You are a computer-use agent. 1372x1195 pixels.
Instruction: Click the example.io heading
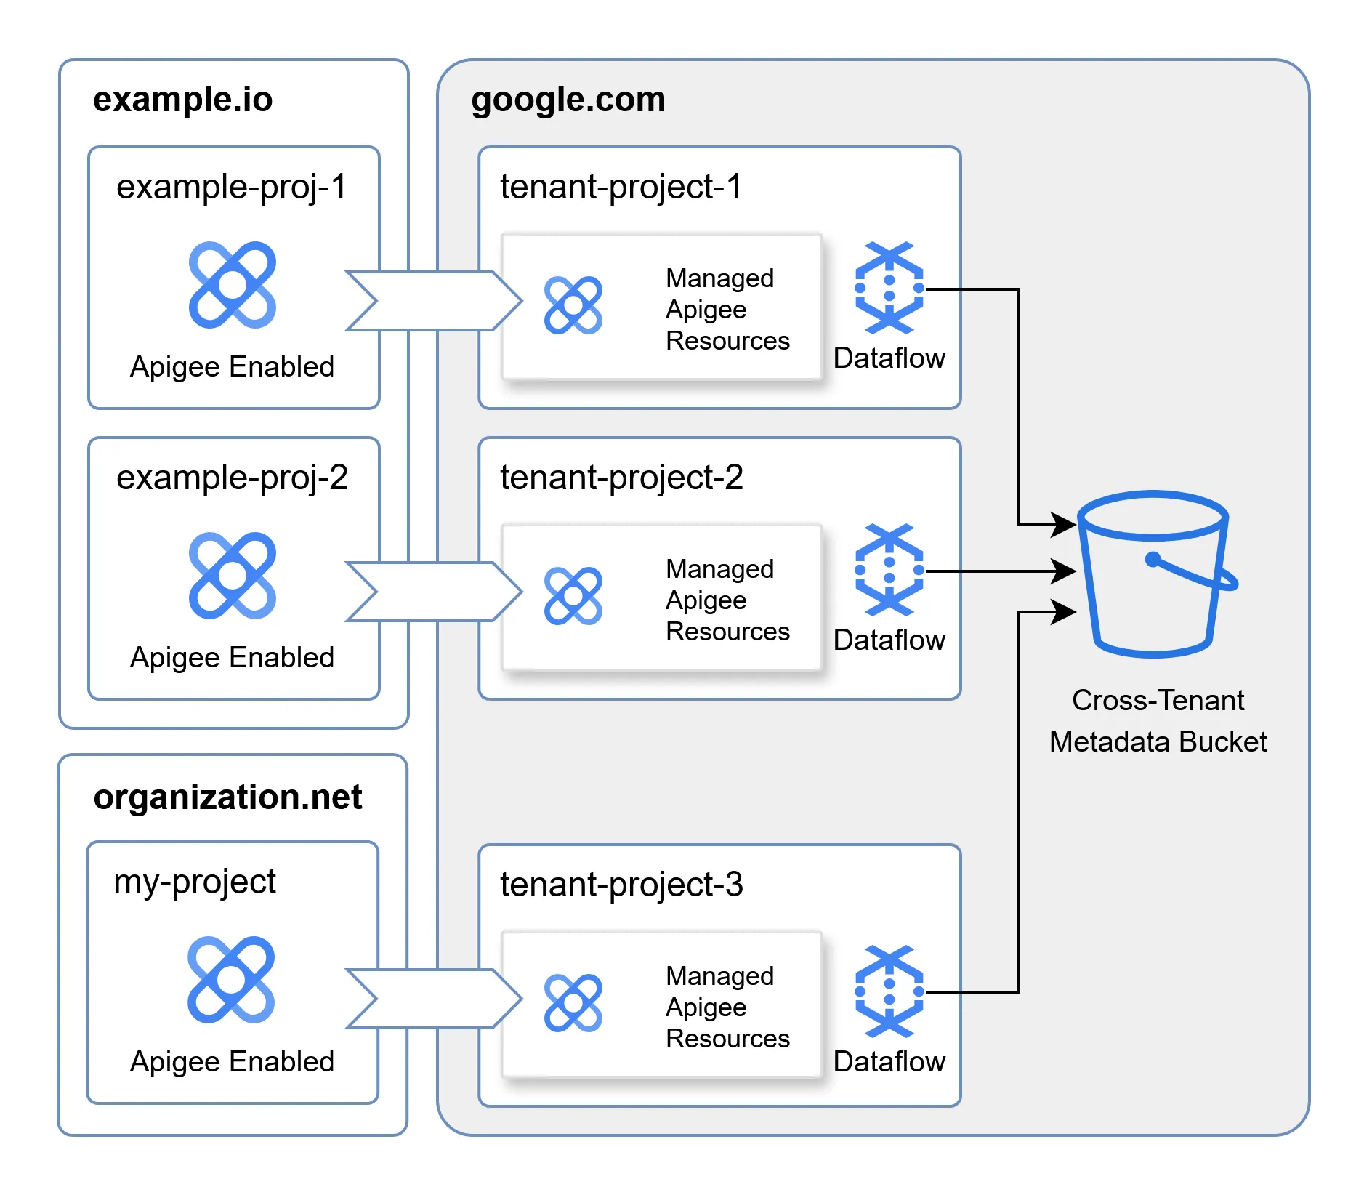pos(182,100)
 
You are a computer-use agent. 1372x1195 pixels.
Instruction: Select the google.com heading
pos(568,100)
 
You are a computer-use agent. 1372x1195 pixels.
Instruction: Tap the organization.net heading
pos(227,797)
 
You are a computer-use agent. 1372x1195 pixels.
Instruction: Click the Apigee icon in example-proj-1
pos(232,285)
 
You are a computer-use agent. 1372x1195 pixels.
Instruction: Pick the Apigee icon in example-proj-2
pos(232,576)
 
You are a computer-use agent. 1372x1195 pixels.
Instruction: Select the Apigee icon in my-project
pos(231,980)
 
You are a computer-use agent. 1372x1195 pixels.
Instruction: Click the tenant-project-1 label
pos(621,187)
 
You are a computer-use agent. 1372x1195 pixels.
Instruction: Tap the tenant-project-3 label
pos(621,885)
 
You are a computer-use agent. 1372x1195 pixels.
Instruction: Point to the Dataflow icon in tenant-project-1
pos(889,288)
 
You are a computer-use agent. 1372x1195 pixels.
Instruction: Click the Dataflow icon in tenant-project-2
pos(889,570)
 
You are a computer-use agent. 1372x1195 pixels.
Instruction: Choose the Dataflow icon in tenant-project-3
pos(889,991)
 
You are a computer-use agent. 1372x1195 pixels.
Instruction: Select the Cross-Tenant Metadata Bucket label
pos(1158,721)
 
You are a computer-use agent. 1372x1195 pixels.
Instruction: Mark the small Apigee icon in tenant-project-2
pos(573,596)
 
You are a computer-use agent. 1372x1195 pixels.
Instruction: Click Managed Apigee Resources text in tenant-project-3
pos(727,1007)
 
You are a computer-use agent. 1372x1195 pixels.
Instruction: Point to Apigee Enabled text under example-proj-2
pos(232,658)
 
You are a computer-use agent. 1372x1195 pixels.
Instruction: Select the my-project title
pos(195,882)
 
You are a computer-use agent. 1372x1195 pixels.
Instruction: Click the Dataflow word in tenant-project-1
pos(889,358)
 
